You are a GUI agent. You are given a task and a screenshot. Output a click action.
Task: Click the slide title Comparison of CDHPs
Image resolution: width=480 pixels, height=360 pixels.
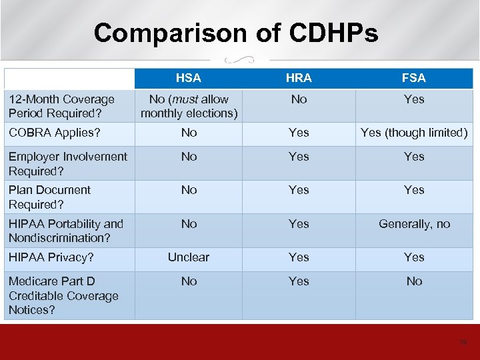[x=235, y=33]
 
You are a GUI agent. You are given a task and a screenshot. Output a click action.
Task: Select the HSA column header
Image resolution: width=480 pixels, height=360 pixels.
[x=189, y=78]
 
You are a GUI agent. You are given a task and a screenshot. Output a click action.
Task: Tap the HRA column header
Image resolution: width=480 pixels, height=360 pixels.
[x=299, y=78]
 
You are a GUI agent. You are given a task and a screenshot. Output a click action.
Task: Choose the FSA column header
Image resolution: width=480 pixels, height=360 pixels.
[x=414, y=78]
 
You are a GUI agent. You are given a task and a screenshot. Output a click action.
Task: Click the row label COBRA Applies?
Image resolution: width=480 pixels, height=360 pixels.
[x=55, y=133]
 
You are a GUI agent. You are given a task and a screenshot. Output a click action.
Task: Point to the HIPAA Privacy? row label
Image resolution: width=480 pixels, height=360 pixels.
[x=51, y=257]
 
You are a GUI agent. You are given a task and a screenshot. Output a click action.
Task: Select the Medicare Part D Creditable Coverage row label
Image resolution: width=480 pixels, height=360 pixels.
[x=63, y=295]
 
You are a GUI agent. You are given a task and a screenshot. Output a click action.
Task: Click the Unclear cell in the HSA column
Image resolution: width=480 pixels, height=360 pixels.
[x=189, y=257]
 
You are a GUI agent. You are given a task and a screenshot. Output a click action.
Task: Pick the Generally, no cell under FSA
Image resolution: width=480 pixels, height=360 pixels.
[x=414, y=224]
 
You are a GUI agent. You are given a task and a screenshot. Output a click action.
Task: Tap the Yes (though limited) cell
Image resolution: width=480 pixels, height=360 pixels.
[x=414, y=133]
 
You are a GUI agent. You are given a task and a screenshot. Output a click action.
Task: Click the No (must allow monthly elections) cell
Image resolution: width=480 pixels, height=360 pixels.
[x=189, y=106]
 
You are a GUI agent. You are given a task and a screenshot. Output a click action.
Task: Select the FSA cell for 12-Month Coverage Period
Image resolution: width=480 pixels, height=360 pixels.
[x=414, y=99]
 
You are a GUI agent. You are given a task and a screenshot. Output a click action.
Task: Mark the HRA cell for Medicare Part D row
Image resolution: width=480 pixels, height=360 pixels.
[x=299, y=281]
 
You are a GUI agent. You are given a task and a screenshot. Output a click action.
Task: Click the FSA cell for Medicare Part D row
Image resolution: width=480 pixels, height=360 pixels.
[x=414, y=281]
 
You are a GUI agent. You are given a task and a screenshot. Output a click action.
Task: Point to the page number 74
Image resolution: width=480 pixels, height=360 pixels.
[x=463, y=343]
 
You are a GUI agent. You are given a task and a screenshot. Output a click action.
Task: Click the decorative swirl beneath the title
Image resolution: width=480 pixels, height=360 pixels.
[x=239, y=59]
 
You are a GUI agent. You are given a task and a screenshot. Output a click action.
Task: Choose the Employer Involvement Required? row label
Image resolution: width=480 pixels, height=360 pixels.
[x=67, y=163]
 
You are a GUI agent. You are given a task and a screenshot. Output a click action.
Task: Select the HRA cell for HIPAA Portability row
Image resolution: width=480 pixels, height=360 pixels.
[x=299, y=224]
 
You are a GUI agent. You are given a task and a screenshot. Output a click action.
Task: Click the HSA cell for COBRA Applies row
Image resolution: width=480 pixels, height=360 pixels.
[x=189, y=133]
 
